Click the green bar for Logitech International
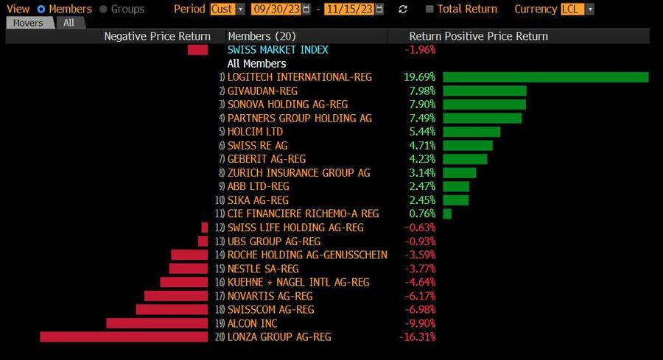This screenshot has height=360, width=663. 545,77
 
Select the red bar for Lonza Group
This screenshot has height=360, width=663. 124,336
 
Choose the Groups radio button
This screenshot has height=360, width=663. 103,10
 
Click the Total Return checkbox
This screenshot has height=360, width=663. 429,10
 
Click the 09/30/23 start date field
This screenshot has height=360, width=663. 276,10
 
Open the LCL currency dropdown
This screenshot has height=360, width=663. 577,10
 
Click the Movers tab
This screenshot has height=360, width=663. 29,23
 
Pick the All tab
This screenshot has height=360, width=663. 69,23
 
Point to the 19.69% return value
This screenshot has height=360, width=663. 419,77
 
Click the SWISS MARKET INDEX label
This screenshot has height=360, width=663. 278,50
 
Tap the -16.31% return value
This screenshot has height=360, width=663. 420,336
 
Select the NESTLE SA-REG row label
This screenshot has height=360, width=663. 263,269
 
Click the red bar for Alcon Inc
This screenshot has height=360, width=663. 157,323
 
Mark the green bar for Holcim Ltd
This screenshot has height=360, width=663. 471,132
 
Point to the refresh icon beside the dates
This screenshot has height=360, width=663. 402,10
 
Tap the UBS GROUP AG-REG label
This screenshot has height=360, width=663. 274,241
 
